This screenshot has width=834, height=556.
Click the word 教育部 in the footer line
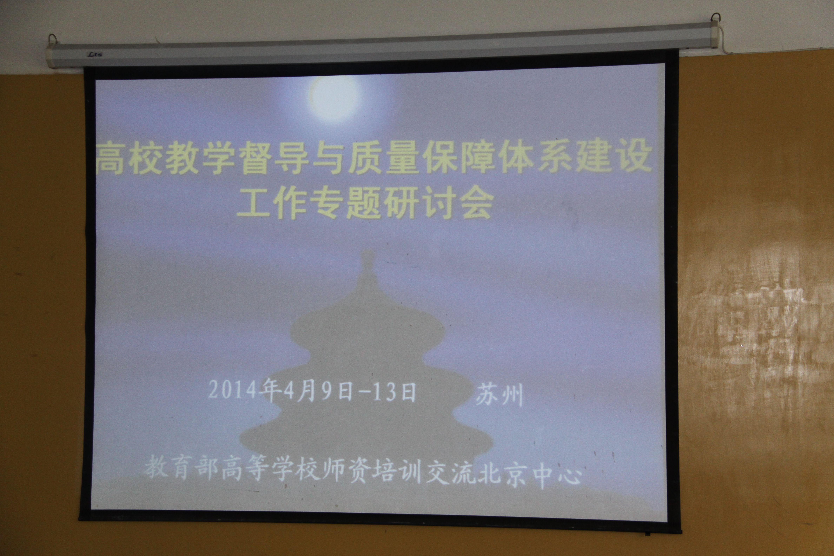(181, 467)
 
